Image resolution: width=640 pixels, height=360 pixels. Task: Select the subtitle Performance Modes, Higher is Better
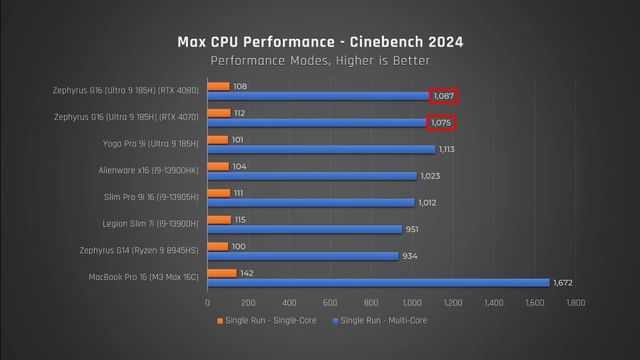(320, 61)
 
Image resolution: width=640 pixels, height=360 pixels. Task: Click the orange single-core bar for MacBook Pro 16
(222, 272)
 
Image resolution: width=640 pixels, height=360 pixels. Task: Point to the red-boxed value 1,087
(445, 96)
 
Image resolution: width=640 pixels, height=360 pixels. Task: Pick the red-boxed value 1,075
(441, 123)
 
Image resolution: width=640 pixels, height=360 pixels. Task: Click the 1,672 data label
(566, 282)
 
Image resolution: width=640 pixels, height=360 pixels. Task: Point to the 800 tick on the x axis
(371, 302)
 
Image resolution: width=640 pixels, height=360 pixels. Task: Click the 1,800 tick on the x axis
(575, 302)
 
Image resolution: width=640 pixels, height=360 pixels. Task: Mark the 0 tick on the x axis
(207, 302)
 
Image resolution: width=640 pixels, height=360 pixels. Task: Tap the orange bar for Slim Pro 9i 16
(218, 191)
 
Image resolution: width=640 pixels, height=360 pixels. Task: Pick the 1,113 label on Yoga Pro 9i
(451, 150)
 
